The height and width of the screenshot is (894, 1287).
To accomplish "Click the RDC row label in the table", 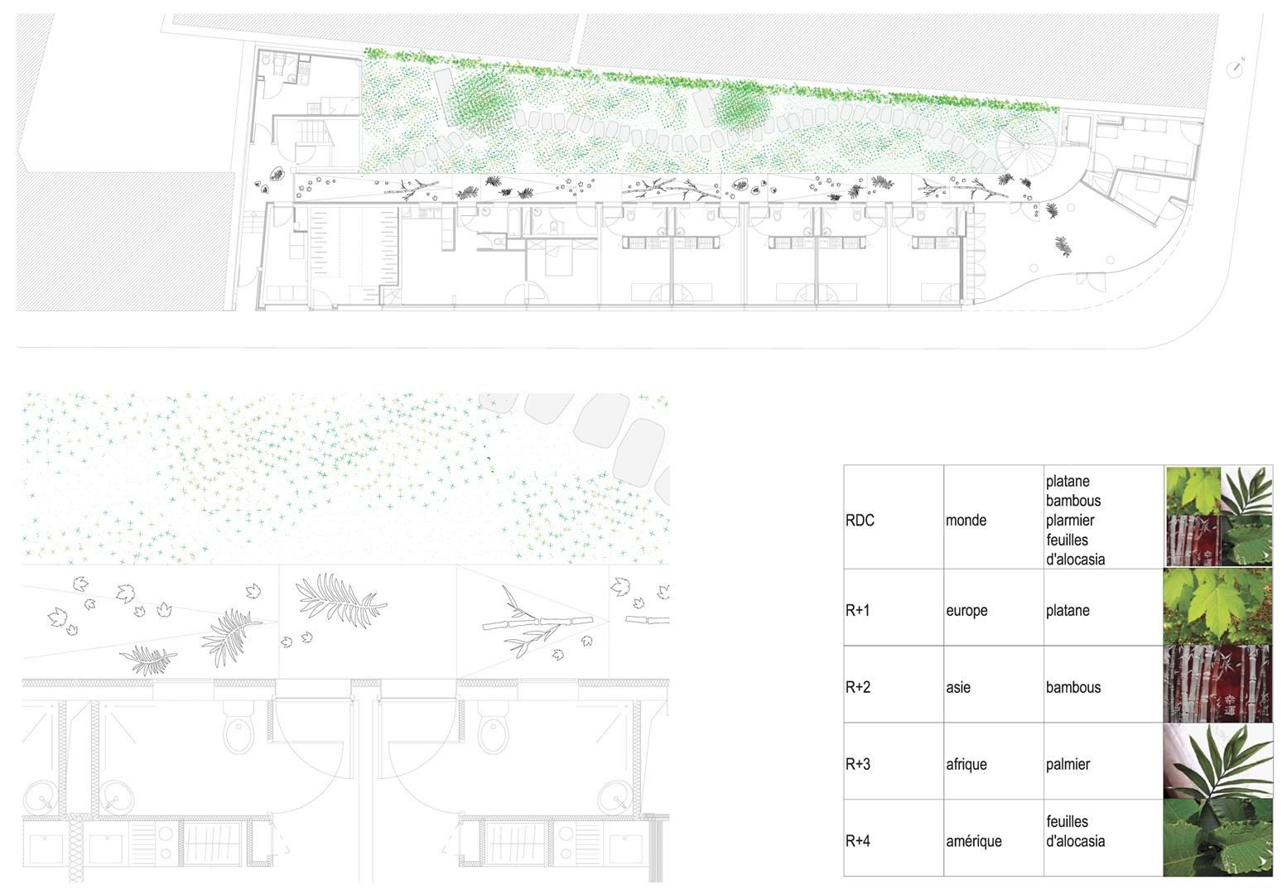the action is [x=860, y=520].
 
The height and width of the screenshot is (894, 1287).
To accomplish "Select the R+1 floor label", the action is [x=857, y=610].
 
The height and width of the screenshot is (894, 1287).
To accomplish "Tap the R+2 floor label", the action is [x=858, y=687].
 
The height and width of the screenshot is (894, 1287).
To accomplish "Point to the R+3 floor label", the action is [x=858, y=764].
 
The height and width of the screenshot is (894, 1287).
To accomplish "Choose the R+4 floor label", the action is [x=858, y=841].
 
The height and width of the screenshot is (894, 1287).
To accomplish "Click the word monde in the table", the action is [x=966, y=520].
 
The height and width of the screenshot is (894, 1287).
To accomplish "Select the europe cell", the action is [x=966, y=611].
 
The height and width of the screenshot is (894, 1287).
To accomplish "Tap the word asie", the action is [x=957, y=687].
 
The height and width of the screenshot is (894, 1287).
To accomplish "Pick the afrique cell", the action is [x=966, y=765].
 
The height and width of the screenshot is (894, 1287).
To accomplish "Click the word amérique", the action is [x=973, y=842].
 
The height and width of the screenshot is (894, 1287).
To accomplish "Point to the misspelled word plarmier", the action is [x=1070, y=521].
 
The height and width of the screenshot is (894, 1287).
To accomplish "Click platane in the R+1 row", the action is [x=1068, y=611].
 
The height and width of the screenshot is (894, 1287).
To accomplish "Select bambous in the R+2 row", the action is [x=1073, y=687].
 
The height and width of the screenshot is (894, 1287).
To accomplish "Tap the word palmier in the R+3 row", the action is [x=1068, y=765].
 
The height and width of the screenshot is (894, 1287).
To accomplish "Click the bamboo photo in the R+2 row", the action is [x=1217, y=684].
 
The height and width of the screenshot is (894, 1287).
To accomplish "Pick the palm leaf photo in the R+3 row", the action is [x=1217, y=761].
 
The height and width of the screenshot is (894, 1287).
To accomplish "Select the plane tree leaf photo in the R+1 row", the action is [x=1217, y=607].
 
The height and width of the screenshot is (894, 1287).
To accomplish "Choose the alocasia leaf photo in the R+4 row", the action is [x=1217, y=838].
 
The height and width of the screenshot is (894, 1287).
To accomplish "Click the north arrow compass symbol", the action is [x=1233, y=69].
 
